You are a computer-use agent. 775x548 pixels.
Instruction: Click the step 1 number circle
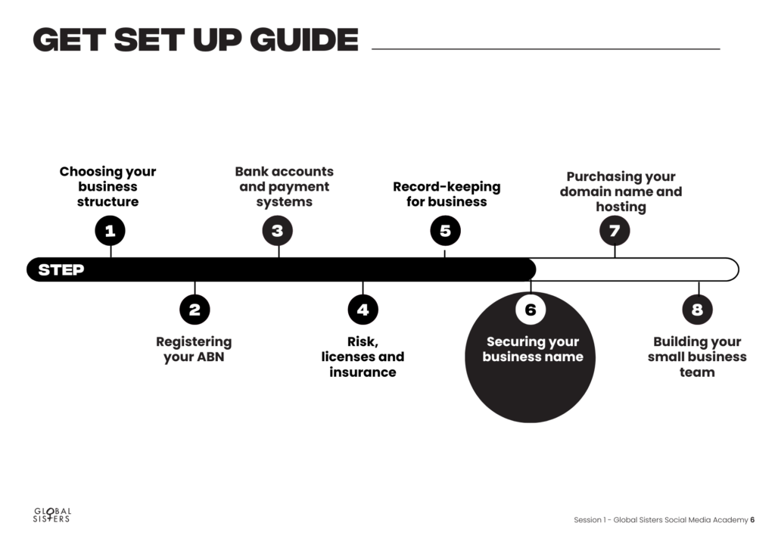[x=110, y=231]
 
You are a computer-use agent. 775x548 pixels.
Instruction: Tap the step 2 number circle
[x=195, y=310]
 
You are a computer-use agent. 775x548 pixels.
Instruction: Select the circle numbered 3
[x=278, y=231]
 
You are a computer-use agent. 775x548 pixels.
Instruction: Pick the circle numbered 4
[x=363, y=310]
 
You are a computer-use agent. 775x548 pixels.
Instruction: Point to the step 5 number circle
[x=445, y=231]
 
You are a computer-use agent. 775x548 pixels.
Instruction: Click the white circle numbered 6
[x=531, y=310]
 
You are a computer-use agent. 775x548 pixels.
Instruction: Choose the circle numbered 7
[x=615, y=231]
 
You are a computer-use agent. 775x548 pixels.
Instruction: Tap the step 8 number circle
[x=697, y=310]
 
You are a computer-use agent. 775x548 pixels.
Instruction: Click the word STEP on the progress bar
[x=61, y=269]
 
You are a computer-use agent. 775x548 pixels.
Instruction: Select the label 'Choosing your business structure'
[x=107, y=187]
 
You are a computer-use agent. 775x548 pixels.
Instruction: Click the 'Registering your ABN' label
[x=194, y=350]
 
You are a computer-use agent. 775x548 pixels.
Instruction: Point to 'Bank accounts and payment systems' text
[x=285, y=187]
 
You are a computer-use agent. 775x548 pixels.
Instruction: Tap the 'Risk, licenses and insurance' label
[x=363, y=357]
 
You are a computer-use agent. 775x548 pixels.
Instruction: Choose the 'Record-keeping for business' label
[x=447, y=195]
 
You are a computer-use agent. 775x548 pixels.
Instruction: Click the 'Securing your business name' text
[x=533, y=350]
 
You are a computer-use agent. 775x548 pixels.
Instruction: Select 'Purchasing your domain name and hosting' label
[x=621, y=191]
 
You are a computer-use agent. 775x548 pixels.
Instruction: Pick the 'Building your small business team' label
[x=697, y=357]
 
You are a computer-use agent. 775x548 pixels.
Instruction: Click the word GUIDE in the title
[x=304, y=40]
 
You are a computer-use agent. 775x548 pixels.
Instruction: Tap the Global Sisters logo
[x=52, y=515]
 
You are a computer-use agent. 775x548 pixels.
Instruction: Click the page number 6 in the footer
[x=752, y=520]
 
